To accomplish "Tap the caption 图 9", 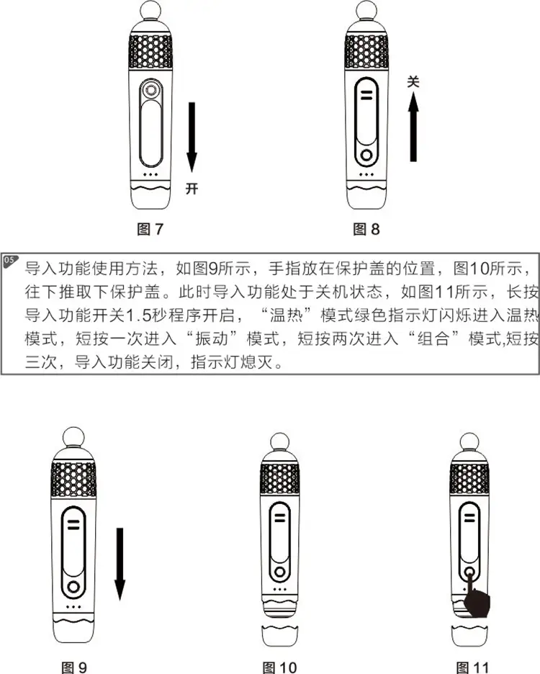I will (x=73, y=666).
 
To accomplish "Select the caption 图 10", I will (x=279, y=666).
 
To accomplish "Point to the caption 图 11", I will (x=473, y=666).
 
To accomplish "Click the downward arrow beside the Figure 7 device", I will (x=192, y=137).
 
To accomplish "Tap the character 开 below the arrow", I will (x=192, y=189).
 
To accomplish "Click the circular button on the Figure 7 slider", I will (x=151, y=90).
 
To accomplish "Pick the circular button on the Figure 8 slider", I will (x=367, y=155).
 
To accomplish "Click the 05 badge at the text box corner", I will (x=9, y=259).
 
